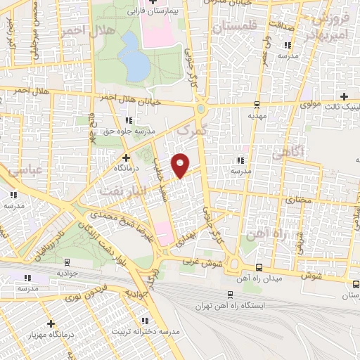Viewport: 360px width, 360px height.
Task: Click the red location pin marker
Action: click(x=181, y=165)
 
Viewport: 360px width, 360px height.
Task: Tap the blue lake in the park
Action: click(x=134, y=56)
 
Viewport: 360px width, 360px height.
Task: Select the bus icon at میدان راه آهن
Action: click(x=259, y=267)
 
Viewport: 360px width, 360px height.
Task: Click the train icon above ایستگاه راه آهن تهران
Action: click(x=229, y=295)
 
